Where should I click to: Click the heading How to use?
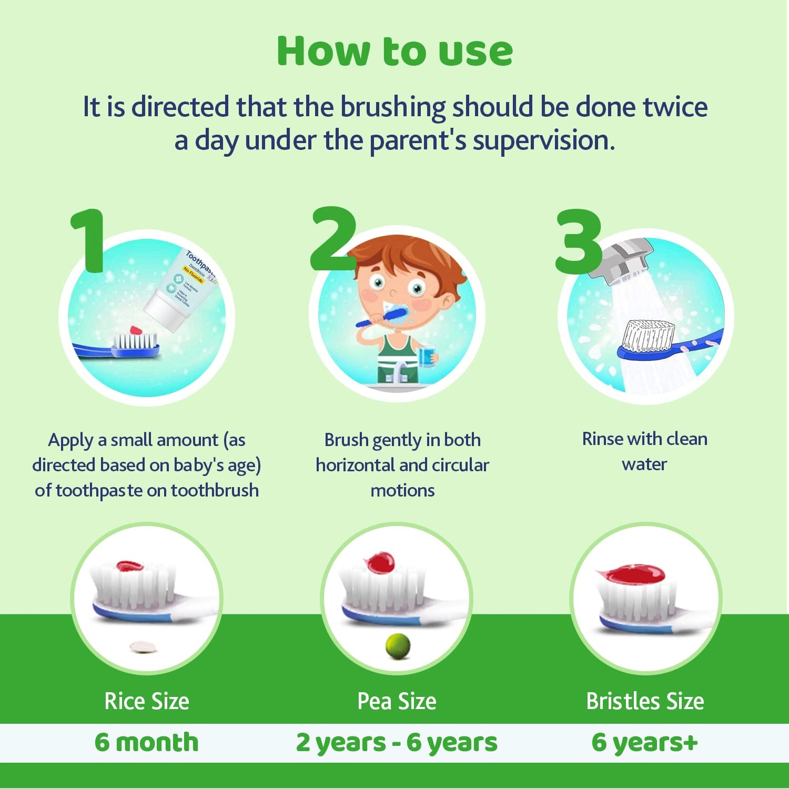(394, 52)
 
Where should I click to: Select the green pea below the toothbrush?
(398, 646)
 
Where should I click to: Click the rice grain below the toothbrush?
(143, 647)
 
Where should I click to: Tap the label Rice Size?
(147, 701)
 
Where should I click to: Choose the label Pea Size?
(397, 701)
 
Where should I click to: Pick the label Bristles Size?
(645, 701)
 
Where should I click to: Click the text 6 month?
(147, 742)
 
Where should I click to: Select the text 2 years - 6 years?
(397, 742)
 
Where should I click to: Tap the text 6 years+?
(645, 742)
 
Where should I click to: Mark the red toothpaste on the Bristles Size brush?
(631, 573)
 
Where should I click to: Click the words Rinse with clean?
(644, 439)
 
